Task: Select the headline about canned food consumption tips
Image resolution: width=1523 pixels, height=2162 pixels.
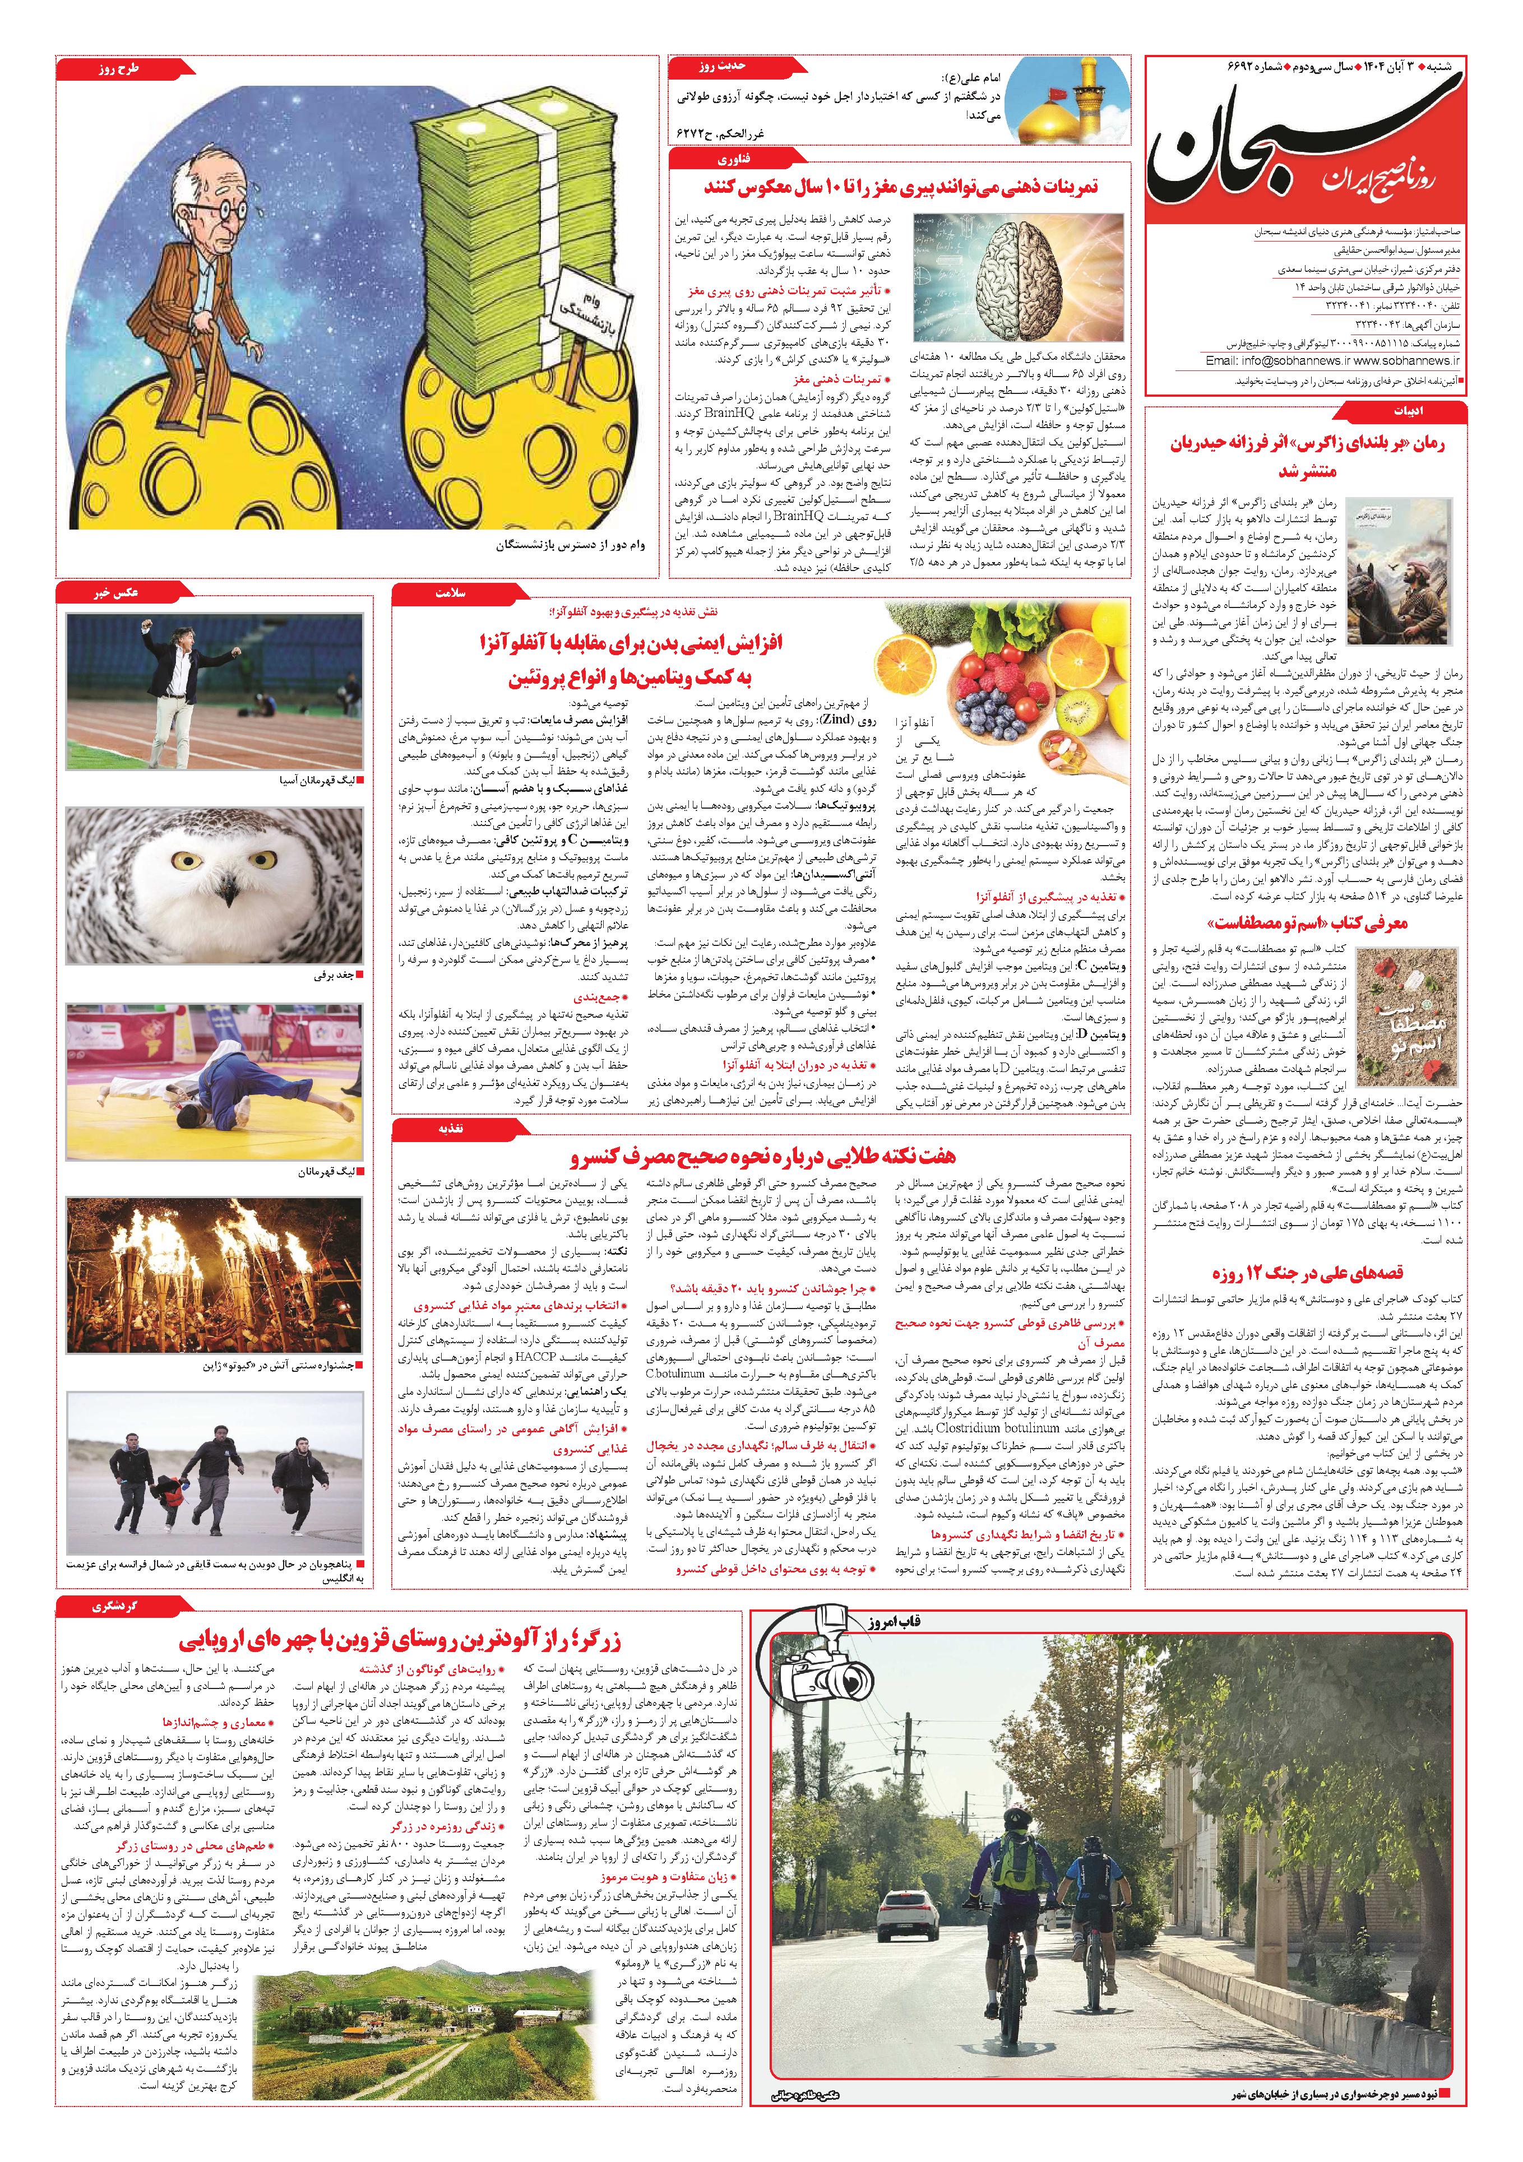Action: (x=762, y=1156)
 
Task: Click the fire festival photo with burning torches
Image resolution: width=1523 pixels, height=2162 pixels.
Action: (x=214, y=1274)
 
